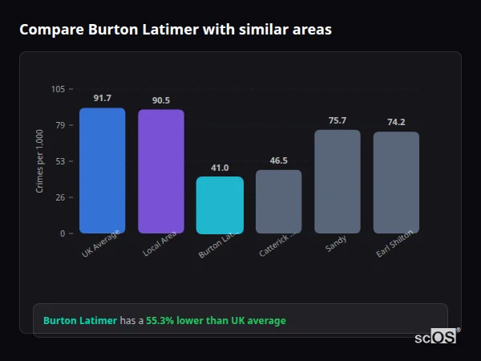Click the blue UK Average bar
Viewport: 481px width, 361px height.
point(102,170)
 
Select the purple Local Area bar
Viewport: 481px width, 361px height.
point(160,171)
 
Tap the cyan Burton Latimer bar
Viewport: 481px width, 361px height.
point(220,205)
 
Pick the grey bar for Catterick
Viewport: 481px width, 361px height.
point(278,201)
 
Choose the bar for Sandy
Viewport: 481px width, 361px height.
point(337,181)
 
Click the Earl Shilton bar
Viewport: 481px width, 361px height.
point(396,182)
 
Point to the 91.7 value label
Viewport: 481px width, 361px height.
point(102,98)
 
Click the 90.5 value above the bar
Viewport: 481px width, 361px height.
point(160,100)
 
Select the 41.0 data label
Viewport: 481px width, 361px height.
point(220,168)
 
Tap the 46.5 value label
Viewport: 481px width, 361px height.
point(278,160)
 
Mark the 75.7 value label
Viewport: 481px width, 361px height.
point(337,120)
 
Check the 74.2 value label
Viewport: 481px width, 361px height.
point(396,122)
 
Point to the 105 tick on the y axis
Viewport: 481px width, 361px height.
point(58,89)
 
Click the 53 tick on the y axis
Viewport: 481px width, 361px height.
point(60,161)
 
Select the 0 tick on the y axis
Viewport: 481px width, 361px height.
point(63,233)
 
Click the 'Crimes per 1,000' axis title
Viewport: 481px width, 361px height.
point(40,161)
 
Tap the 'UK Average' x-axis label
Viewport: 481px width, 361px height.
point(100,245)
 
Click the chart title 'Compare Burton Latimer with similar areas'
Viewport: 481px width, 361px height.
point(175,30)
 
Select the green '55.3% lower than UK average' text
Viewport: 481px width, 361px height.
point(216,321)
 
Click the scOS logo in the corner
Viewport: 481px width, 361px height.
point(436,337)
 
